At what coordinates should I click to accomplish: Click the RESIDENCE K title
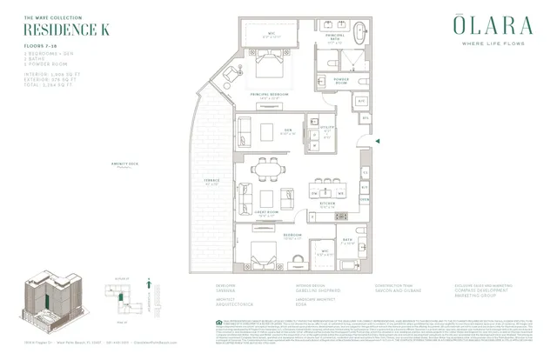click(x=57, y=28)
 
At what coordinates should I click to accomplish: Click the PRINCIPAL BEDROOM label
click(x=271, y=97)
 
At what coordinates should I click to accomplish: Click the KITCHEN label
click(x=328, y=203)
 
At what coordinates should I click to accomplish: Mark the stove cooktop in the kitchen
click(x=340, y=215)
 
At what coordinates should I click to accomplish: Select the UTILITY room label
click(x=328, y=127)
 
